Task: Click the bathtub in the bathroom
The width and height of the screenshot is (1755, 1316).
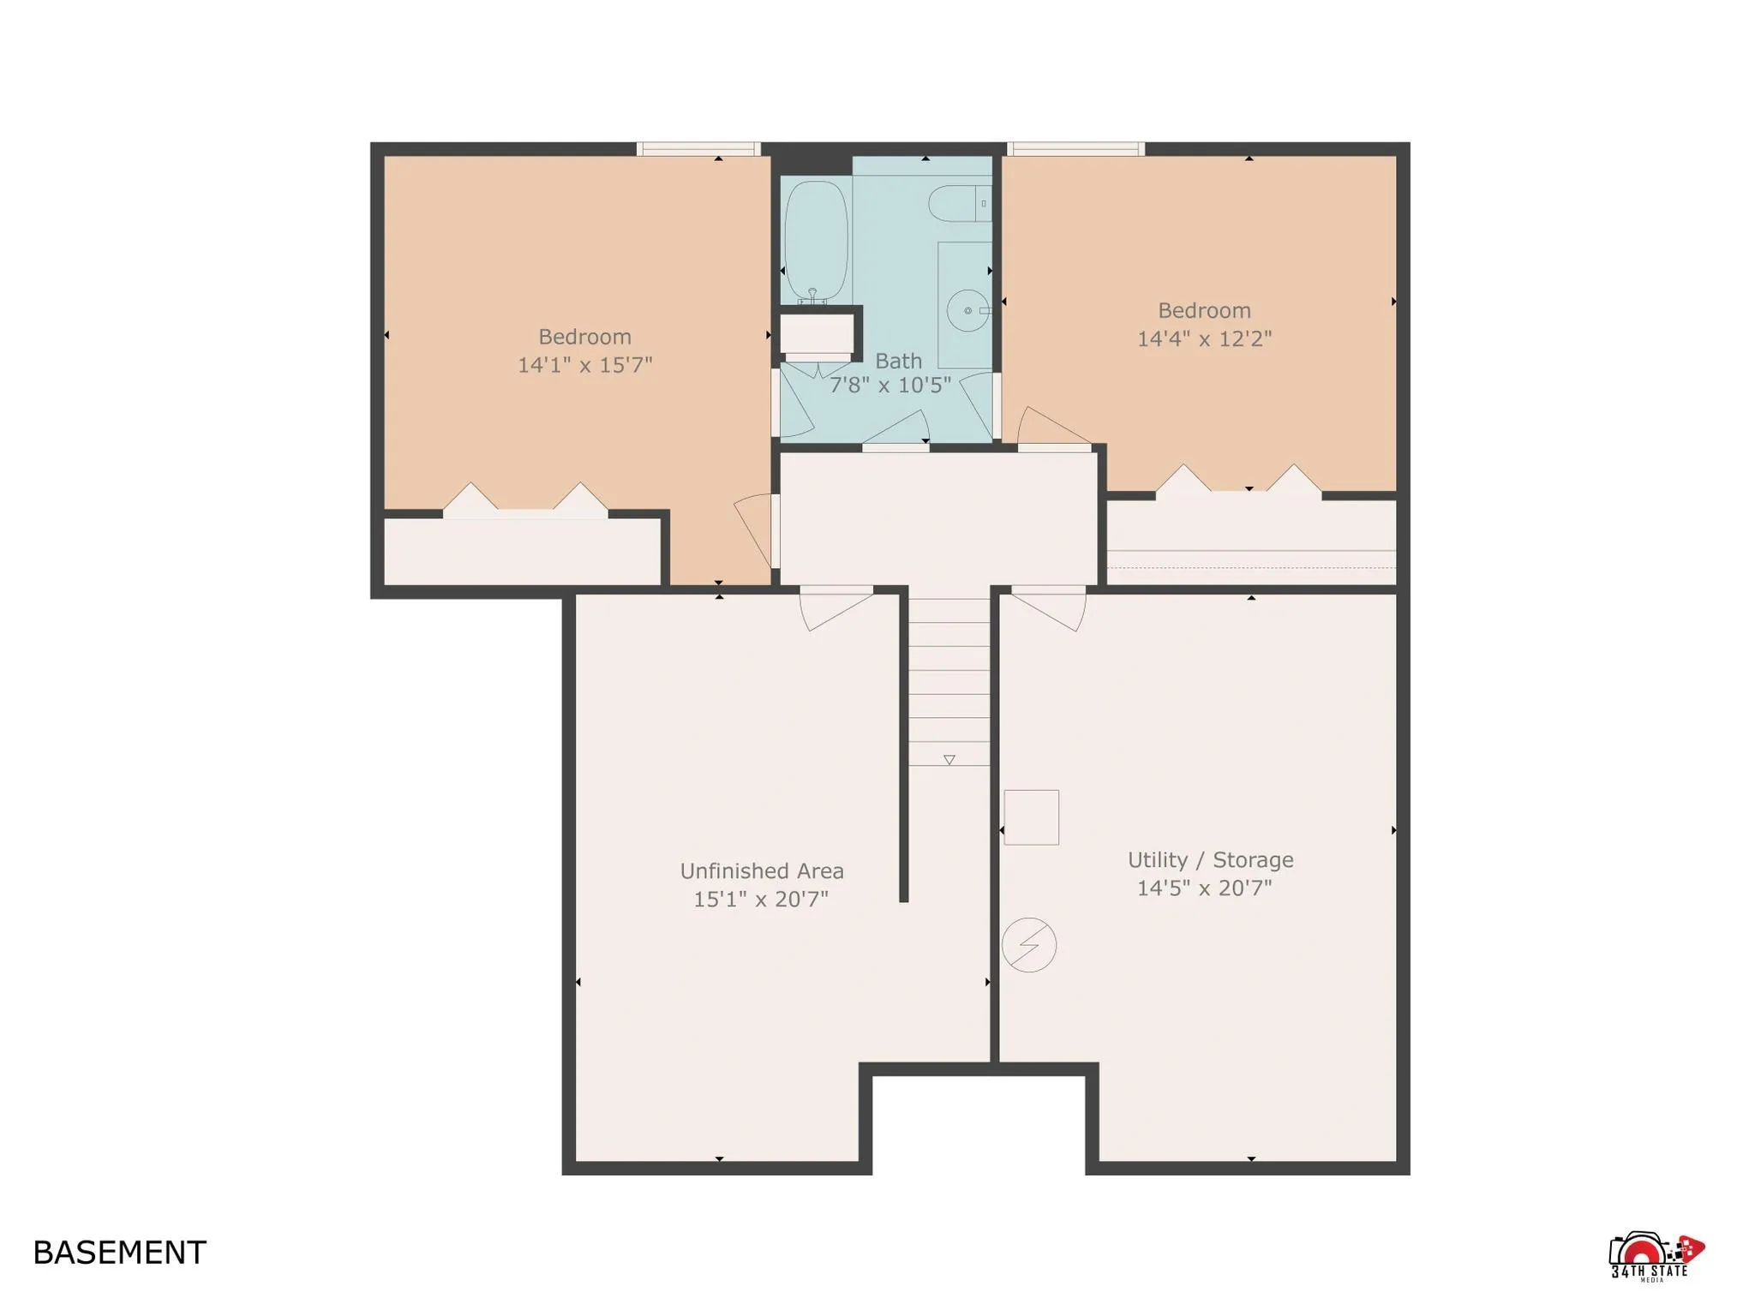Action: point(816,240)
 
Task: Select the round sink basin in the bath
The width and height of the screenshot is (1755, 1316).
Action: point(967,310)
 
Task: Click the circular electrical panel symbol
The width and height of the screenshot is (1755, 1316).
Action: point(1028,945)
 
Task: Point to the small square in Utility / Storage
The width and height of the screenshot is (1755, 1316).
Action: point(1031,817)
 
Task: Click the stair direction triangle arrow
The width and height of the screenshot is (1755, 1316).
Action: point(949,760)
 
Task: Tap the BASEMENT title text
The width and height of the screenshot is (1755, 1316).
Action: point(119,1253)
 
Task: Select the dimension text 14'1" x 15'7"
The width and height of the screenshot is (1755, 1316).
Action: point(584,365)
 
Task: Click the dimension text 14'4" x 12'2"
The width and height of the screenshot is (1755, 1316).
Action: point(1203,339)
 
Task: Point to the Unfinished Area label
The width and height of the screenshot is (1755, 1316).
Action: point(761,871)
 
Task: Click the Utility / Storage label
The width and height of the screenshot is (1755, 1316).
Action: point(1209,860)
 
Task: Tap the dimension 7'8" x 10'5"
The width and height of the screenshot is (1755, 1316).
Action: point(889,386)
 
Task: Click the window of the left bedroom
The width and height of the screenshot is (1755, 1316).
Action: point(698,149)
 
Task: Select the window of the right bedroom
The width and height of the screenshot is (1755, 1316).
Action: point(1075,149)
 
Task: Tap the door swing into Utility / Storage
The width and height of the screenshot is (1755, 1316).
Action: point(1051,608)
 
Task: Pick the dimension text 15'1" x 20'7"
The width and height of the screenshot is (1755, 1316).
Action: point(760,900)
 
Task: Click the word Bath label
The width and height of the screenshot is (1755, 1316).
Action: point(898,361)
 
